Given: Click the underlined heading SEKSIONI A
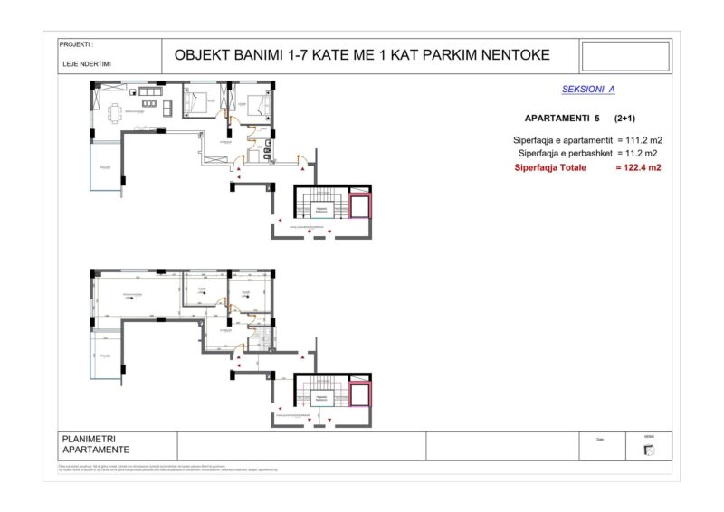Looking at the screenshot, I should tap(588, 90).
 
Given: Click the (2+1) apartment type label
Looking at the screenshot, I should tap(624, 119).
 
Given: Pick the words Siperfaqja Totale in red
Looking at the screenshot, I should tap(550, 167).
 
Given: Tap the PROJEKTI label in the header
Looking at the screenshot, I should tap(77, 43).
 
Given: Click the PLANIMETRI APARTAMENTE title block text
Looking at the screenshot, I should tap(95, 445).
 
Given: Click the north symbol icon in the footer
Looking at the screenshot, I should tap(648, 450).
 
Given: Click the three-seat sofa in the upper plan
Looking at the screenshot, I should tap(148, 91).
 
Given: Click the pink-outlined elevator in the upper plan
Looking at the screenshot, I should tap(359, 206).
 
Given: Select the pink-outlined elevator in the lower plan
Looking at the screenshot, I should tap(359, 394).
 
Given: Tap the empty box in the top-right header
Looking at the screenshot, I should tap(624, 55).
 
